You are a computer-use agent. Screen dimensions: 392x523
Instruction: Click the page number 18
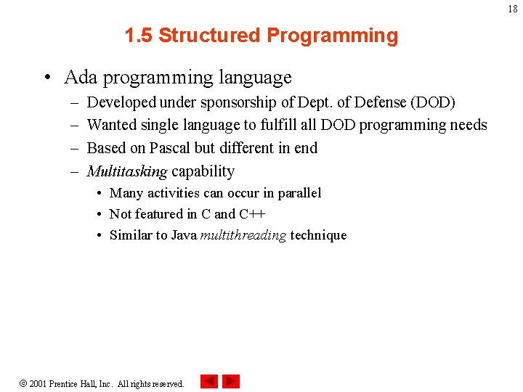513,9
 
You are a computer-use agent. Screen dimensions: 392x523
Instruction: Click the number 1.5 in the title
138,36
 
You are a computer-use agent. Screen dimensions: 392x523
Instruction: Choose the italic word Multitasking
126,171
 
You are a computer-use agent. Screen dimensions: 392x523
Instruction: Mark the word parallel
297,193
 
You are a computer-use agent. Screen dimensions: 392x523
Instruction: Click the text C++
252,214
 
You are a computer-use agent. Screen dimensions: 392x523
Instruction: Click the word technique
318,235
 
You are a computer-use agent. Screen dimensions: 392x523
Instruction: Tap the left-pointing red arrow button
208,381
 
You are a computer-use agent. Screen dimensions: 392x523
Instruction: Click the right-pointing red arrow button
231,381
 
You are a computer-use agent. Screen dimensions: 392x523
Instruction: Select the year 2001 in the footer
38,383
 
